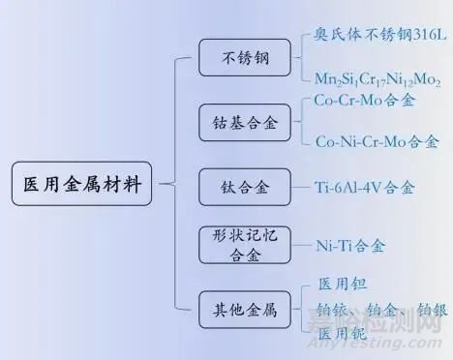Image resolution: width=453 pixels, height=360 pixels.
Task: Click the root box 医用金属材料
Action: point(81,183)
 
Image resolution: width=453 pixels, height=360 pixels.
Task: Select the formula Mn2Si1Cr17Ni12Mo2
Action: point(377,77)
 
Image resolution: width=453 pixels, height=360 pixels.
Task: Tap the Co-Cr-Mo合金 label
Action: point(370,101)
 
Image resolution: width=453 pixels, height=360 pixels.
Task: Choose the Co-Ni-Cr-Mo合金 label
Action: point(377,142)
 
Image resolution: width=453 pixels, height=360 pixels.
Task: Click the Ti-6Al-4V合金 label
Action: point(365,187)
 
